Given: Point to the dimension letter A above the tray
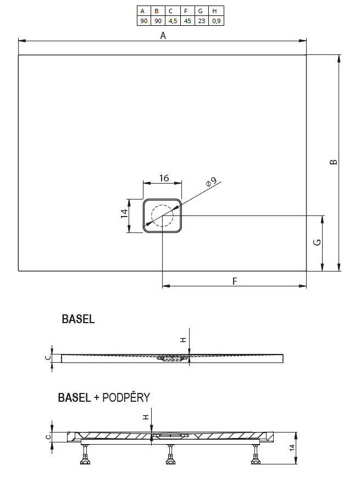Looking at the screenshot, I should [163, 35].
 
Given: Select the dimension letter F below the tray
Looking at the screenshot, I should [234, 281].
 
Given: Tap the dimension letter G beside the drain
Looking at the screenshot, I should [317, 243].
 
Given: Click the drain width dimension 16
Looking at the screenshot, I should [163, 178].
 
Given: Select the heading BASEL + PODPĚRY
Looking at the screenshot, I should [104, 397].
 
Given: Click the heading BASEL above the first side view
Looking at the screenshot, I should [78, 319].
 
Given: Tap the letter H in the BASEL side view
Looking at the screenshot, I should [184, 340].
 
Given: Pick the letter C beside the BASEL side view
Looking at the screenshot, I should [48, 358].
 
